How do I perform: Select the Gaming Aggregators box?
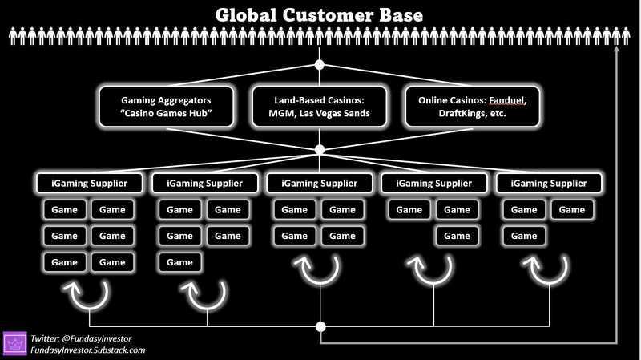(x=167, y=107)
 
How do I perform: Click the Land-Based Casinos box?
(x=319, y=107)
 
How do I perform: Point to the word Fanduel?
(x=508, y=100)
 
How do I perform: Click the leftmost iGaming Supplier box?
(x=90, y=183)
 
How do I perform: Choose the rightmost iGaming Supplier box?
(x=549, y=183)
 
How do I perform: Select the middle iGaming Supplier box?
(x=319, y=183)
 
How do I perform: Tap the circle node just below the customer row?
(x=320, y=65)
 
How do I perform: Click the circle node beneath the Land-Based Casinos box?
(x=320, y=149)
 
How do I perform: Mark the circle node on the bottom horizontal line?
(x=321, y=326)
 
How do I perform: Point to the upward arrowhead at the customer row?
(x=616, y=49)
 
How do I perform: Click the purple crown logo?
(x=14, y=343)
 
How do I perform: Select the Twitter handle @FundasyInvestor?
(x=96, y=338)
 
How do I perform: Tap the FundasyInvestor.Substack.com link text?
(x=88, y=350)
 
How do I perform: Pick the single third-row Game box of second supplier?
(x=179, y=262)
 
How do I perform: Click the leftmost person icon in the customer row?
(x=13, y=36)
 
